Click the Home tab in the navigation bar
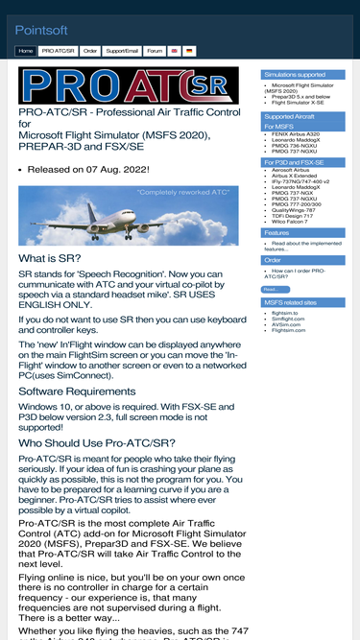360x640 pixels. coord(26,50)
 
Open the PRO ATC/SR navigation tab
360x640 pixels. coord(59,50)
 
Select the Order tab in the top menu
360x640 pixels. coord(90,50)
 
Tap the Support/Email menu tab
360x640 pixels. coord(122,50)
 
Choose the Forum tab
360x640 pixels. coord(155,50)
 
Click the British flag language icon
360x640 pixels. coord(175,50)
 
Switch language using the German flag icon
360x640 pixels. coord(189,50)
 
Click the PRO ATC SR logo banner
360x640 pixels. coord(128,85)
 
